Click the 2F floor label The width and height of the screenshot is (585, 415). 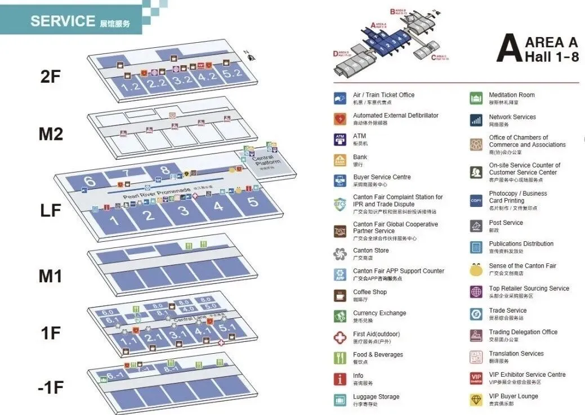point(50,76)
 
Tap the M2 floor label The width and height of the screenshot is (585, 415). point(50,134)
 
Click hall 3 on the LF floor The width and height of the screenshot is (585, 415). point(184,211)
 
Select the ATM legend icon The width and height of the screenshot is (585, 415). point(340,139)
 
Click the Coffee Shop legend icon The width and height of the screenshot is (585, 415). point(340,295)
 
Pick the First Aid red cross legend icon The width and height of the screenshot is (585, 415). point(340,337)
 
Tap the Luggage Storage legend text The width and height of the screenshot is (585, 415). point(376,397)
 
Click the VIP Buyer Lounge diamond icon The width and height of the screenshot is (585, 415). point(476,399)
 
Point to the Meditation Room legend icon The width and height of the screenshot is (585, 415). point(476,98)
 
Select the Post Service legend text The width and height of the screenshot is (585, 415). point(506,223)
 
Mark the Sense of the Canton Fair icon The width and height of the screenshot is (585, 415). point(476,269)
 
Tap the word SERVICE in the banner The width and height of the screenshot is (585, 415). point(62,21)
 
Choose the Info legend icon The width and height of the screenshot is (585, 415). point(340,380)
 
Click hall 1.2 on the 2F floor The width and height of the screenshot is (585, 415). point(130,87)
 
